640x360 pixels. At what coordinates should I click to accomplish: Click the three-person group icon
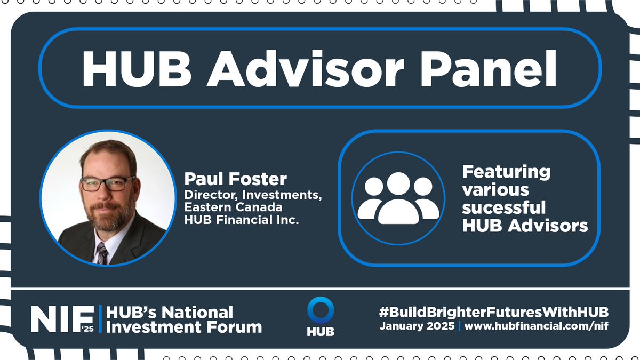pos(395,198)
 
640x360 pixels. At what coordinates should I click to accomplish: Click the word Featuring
pos(506,172)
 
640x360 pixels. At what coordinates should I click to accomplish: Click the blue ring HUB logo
pos(321,311)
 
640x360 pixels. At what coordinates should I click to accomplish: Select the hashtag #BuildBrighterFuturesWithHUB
pos(494,311)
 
